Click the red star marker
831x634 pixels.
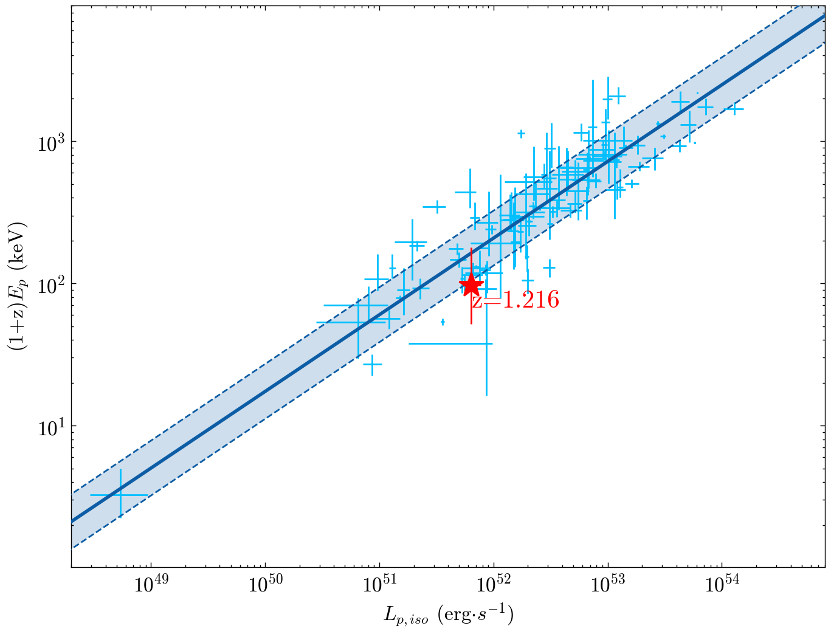point(471,284)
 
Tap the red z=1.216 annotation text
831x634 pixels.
point(515,300)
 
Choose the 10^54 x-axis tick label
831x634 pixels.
point(722,586)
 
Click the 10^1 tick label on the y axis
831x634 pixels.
point(51,426)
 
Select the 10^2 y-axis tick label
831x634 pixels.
point(51,284)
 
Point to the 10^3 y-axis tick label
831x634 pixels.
point(51,142)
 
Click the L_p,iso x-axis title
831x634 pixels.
point(449,615)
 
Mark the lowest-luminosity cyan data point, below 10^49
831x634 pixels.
point(120,495)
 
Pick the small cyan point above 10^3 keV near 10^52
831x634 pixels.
point(521,133)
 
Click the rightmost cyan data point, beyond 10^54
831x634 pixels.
point(735,109)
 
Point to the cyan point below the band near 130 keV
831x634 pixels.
point(549,267)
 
